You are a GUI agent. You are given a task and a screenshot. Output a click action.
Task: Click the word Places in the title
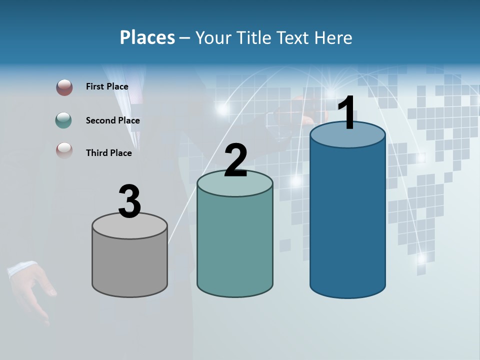[147, 37]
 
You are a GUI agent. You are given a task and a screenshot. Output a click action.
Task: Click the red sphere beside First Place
[64, 87]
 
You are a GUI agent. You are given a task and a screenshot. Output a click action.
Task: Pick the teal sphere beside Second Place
[64, 120]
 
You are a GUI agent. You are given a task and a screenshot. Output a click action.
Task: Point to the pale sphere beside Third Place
[64, 150]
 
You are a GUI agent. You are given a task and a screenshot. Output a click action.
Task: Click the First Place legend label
[107, 86]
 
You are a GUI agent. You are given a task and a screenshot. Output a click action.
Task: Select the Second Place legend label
[112, 120]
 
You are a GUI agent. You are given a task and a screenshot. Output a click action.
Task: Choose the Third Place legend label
[108, 153]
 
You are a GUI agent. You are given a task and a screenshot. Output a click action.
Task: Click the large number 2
[235, 160]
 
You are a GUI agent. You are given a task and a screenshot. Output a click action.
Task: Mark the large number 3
[129, 201]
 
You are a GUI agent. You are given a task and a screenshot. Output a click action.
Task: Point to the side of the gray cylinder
[130, 265]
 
